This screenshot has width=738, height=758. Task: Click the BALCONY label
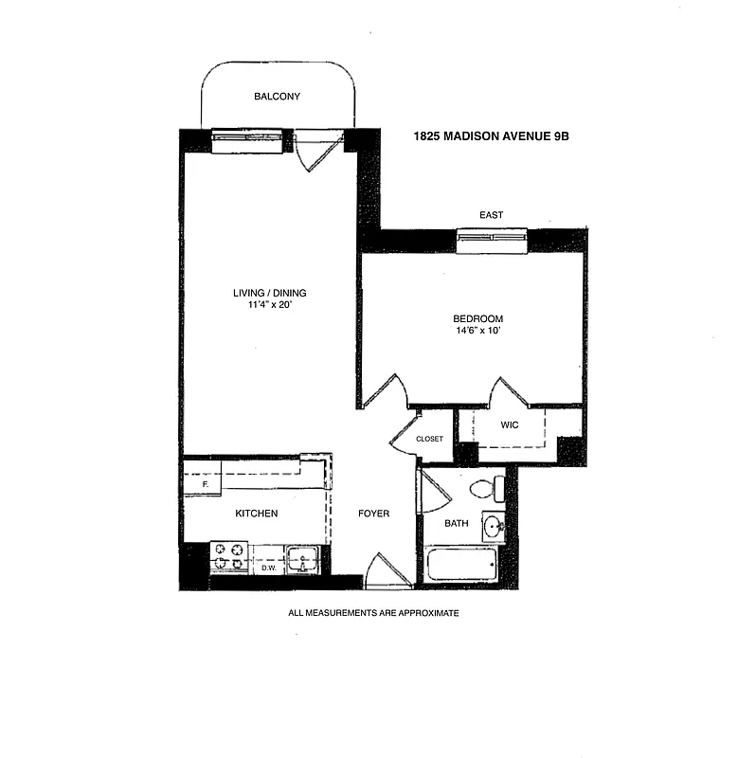click(277, 97)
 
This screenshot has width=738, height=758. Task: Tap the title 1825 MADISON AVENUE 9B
click(490, 135)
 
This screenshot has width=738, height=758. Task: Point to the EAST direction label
click(491, 215)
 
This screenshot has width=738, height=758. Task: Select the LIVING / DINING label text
click(271, 293)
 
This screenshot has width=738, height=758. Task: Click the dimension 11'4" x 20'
click(271, 306)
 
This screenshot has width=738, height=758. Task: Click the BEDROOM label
click(478, 318)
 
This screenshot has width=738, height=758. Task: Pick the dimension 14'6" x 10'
click(478, 332)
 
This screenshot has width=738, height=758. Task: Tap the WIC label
click(510, 424)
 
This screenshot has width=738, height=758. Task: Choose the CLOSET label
click(429, 439)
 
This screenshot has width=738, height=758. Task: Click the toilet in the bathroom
click(487, 489)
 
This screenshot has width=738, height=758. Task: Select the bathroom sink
click(492, 526)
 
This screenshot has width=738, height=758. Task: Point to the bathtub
click(459, 567)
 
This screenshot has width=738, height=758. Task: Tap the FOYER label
click(373, 514)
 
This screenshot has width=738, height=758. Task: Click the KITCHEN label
click(257, 514)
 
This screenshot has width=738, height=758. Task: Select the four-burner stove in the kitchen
click(227, 556)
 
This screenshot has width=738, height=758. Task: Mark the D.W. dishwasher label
click(268, 568)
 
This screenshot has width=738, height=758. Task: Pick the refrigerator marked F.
click(202, 478)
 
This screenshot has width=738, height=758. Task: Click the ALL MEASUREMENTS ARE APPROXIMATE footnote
click(373, 613)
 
